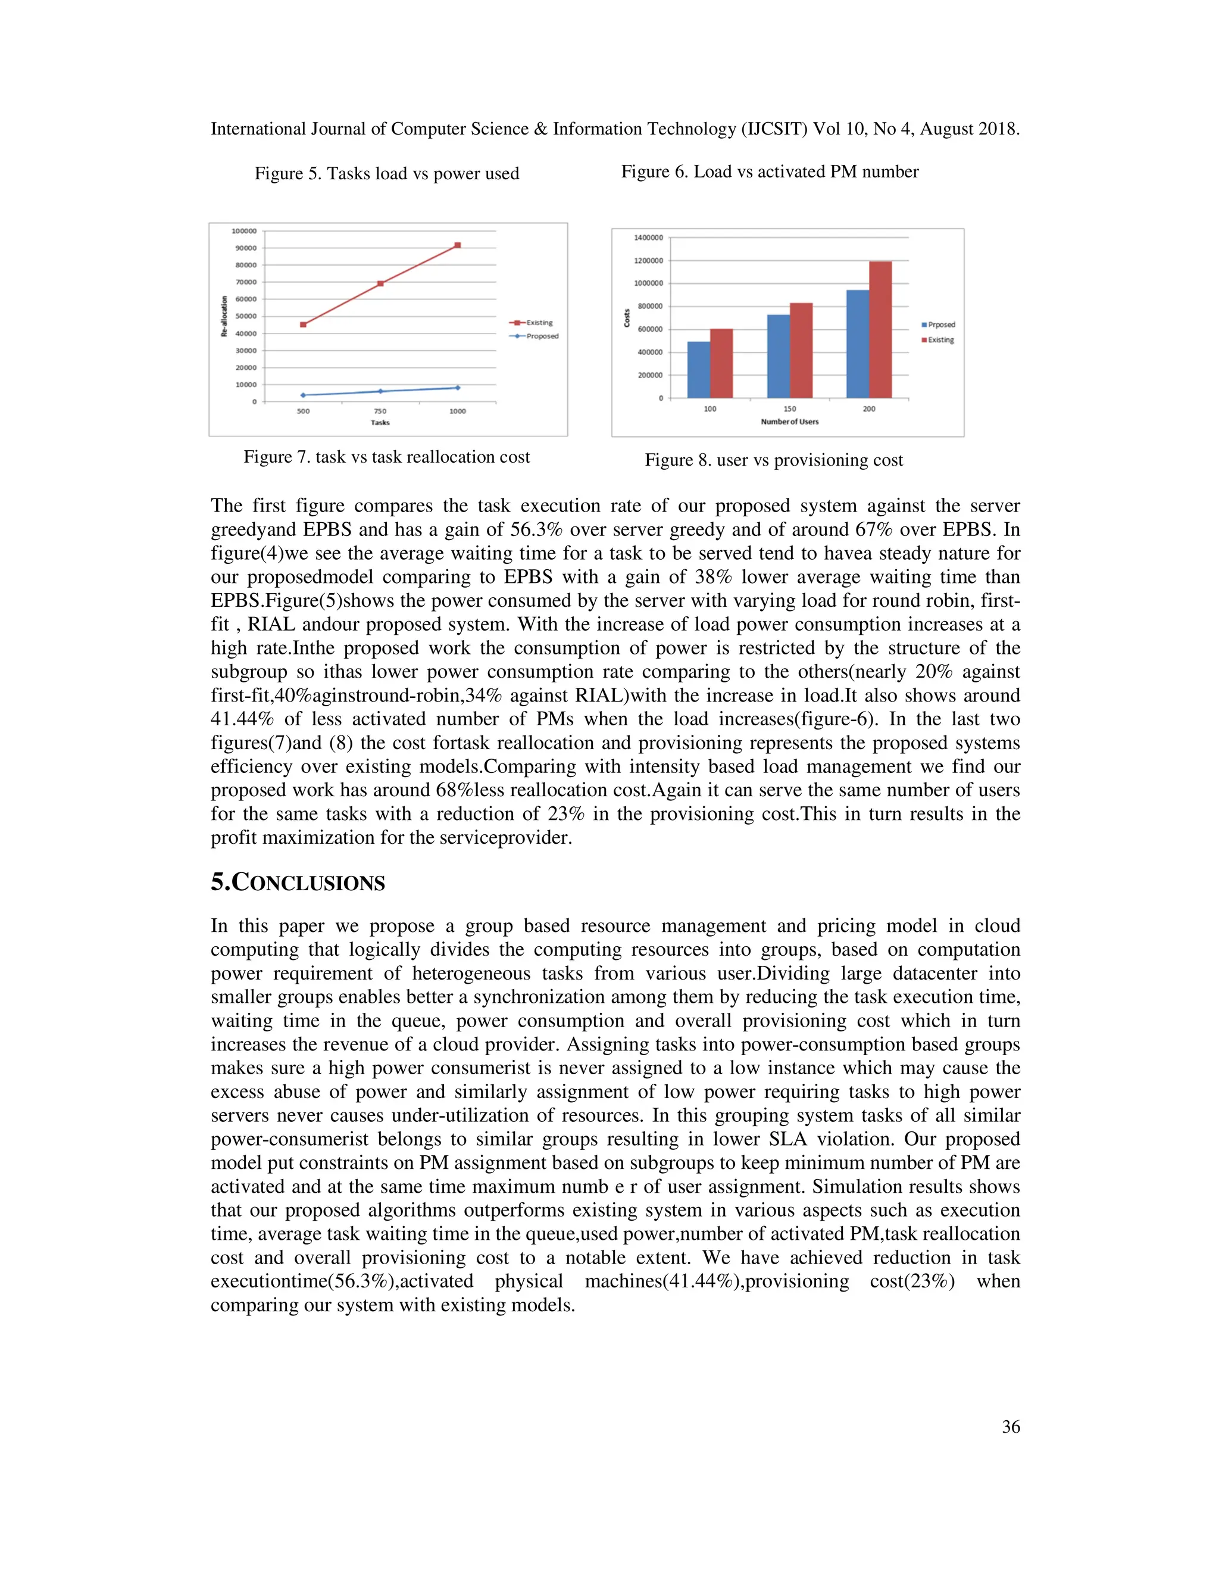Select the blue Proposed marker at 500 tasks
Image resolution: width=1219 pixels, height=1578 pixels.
click(304, 395)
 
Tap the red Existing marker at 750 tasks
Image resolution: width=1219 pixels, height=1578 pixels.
click(380, 284)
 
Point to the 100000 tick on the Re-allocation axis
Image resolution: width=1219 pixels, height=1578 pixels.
click(244, 231)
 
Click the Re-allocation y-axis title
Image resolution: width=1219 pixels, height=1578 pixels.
click(224, 316)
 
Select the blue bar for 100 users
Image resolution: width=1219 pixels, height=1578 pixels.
click(698, 370)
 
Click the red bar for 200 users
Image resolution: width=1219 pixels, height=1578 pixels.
click(880, 329)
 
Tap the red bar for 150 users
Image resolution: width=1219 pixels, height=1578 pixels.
click(801, 350)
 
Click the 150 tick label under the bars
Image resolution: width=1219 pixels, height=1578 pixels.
click(790, 409)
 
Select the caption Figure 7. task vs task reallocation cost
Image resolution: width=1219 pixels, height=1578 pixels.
click(386, 457)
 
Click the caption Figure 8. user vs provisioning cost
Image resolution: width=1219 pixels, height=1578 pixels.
click(773, 460)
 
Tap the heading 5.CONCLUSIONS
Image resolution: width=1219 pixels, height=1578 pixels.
click(298, 883)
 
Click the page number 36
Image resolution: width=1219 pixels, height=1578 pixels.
click(1010, 1427)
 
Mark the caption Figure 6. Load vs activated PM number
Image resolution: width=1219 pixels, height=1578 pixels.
click(770, 172)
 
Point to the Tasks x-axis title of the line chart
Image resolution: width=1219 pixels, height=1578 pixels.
click(380, 423)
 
